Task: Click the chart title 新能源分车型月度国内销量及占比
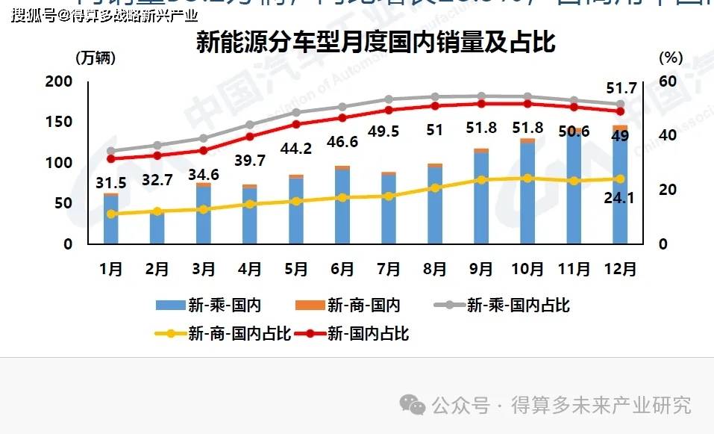point(375,43)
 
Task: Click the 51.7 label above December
point(621,88)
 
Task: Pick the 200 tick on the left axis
point(59,81)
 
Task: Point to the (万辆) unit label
point(96,57)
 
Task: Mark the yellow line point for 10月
point(527,179)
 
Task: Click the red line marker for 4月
point(250,137)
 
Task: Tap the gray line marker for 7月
point(389,99)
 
